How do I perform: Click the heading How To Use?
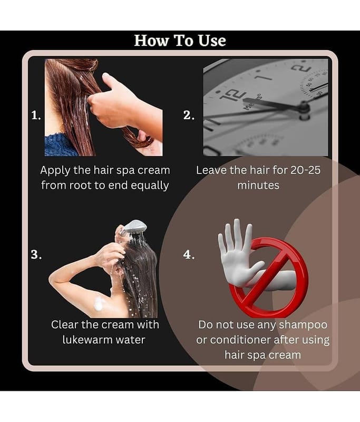pos(180,41)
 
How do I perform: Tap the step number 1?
pos(36,116)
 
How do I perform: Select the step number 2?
pos(189,115)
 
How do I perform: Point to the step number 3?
pos(36,254)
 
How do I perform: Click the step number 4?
pos(189,254)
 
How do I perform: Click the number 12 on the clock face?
pos(232,96)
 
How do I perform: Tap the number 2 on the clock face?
pos(301,68)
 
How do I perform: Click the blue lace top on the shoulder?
pos(59,146)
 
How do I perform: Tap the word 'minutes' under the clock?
pos(258,186)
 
